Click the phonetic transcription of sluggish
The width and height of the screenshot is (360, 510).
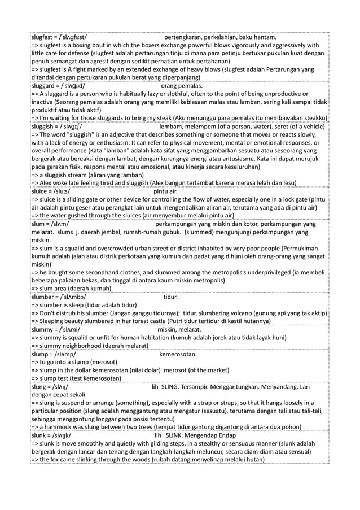(x=73, y=127)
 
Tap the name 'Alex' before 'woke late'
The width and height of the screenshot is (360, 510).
(x=48, y=184)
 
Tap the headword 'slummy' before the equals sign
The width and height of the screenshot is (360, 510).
(x=45, y=329)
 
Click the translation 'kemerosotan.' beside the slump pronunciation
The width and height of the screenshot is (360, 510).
(x=178, y=354)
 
